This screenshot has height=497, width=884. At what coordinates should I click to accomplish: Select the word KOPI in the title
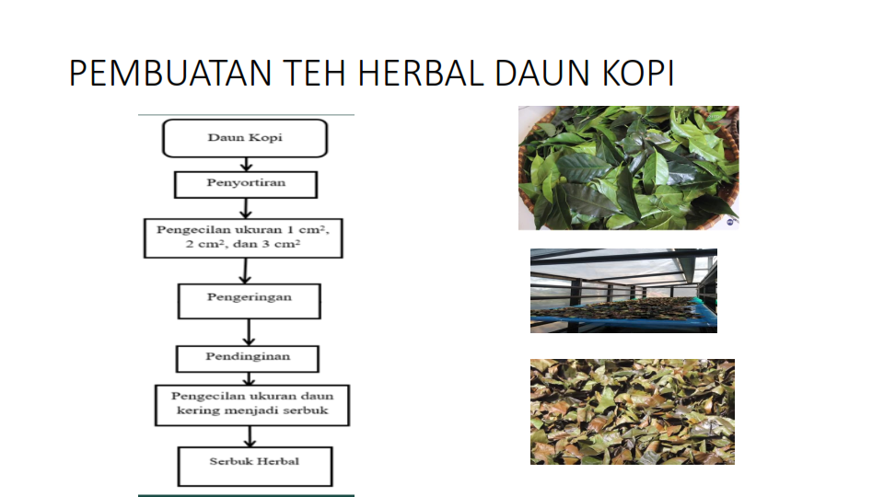[638, 74]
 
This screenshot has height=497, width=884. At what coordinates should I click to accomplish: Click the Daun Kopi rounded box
[245, 138]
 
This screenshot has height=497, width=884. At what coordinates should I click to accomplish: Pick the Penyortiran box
[246, 184]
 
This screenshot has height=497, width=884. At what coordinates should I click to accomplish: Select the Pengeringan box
[250, 301]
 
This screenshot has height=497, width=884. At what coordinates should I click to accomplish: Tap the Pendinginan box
[248, 359]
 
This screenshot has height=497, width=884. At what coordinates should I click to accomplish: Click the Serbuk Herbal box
[255, 466]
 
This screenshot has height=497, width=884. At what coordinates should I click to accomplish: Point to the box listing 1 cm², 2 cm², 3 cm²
[243, 238]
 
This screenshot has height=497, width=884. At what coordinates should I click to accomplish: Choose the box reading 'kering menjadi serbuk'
[252, 405]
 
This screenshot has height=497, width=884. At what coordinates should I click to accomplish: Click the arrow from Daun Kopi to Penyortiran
[246, 164]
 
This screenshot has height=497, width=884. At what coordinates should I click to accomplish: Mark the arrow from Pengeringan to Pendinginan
[249, 332]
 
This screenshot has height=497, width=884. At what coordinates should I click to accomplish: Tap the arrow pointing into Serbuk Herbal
[250, 436]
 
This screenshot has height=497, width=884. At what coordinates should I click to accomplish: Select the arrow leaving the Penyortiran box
[245, 208]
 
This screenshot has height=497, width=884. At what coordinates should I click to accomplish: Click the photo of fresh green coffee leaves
[629, 168]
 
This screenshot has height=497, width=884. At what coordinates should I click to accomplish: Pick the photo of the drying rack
[623, 291]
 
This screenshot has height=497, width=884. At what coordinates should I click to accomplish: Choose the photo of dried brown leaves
[633, 412]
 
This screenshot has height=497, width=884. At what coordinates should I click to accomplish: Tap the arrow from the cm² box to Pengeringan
[245, 271]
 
